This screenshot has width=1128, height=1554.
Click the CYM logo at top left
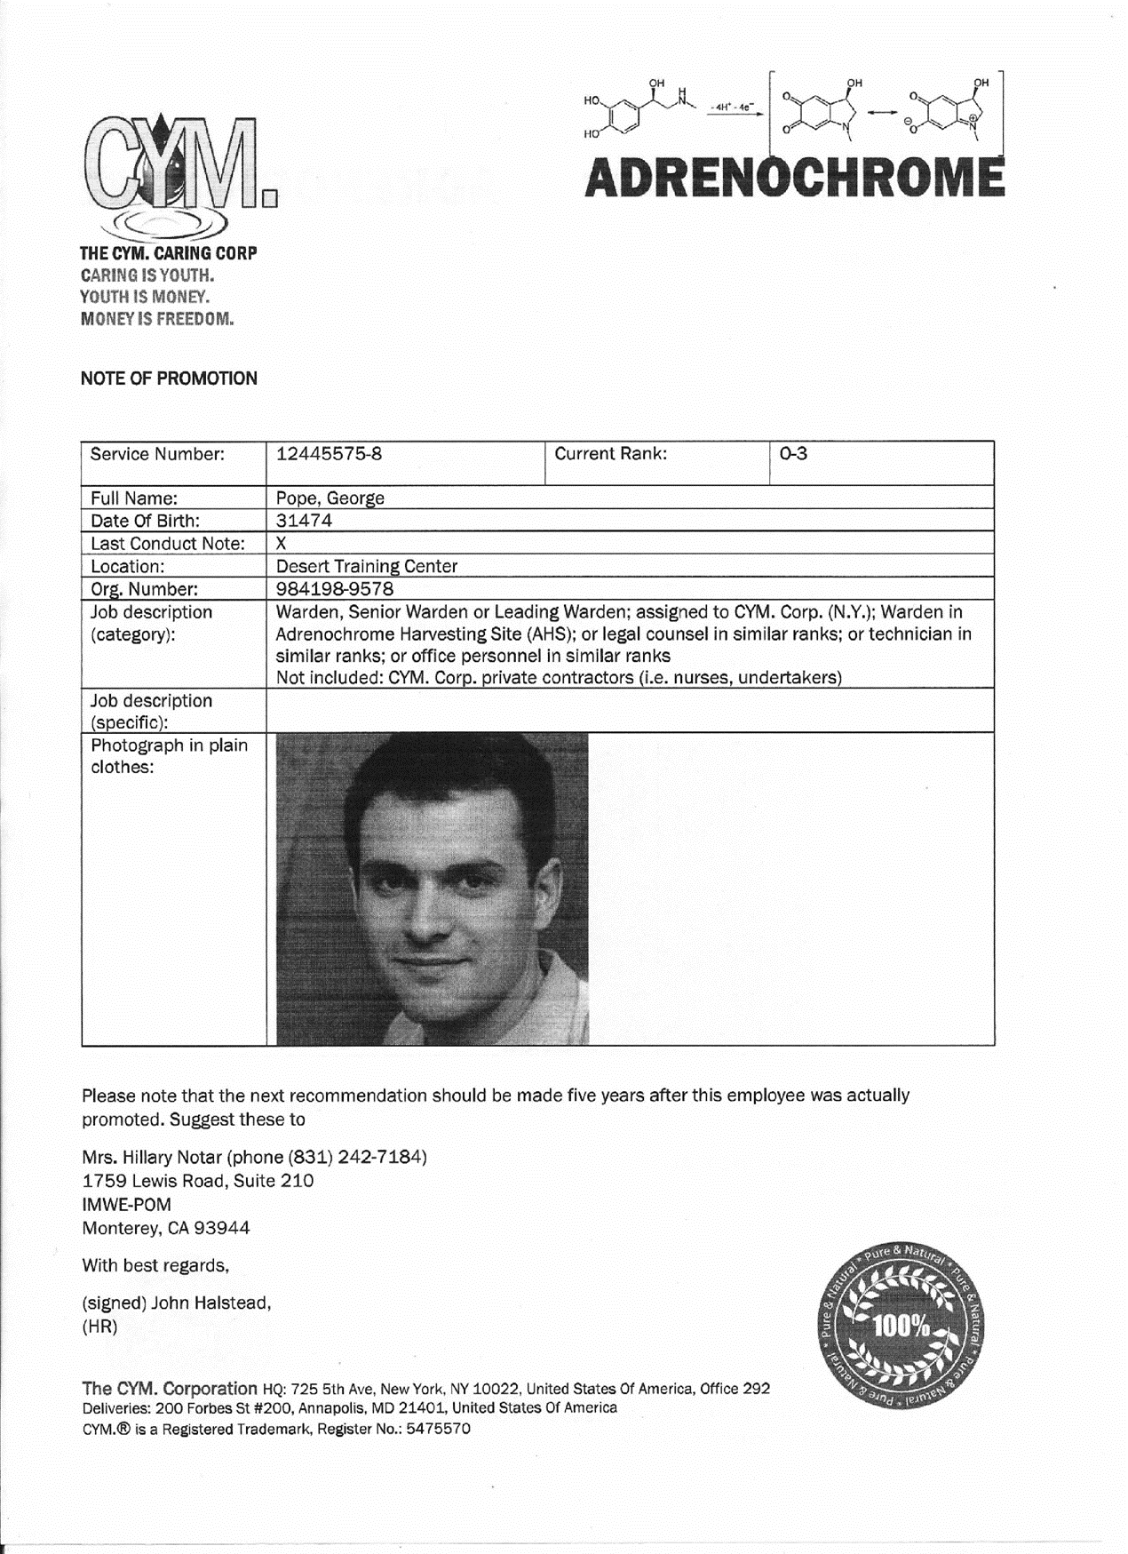[x=178, y=169]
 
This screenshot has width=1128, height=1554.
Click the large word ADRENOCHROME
[x=794, y=177]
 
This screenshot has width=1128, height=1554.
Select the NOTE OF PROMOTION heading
[x=169, y=379]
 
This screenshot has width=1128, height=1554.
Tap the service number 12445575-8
[x=330, y=454]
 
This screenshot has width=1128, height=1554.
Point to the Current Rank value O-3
[x=793, y=454]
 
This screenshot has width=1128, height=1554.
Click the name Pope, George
[x=330, y=498]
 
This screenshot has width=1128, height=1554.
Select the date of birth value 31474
[x=304, y=521]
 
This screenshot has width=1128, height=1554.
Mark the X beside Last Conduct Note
[x=282, y=544]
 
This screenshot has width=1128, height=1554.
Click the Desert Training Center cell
[x=367, y=567]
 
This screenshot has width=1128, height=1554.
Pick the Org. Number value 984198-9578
[x=335, y=589]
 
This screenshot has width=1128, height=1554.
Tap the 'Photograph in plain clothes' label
[x=169, y=756]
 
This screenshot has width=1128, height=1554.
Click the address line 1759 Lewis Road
[x=197, y=1182]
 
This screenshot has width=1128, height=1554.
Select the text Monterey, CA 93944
[x=166, y=1229]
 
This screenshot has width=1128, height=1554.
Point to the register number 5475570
[x=438, y=1430]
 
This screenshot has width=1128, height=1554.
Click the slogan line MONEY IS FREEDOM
[x=157, y=319]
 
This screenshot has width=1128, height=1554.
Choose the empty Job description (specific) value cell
[x=629, y=711]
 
